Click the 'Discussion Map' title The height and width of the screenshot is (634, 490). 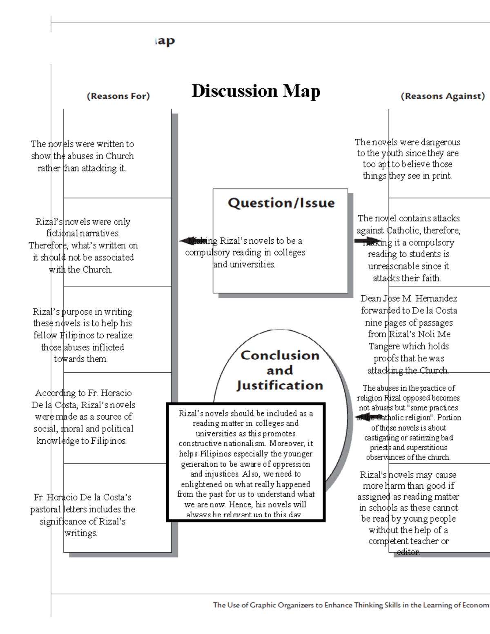click(x=256, y=91)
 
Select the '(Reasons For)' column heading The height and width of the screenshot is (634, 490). click(x=118, y=96)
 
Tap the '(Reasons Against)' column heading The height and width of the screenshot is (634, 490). click(x=443, y=96)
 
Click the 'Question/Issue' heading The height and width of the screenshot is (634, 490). click(x=281, y=203)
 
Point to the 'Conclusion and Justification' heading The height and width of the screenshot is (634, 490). click(x=280, y=370)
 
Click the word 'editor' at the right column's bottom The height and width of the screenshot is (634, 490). click(x=408, y=552)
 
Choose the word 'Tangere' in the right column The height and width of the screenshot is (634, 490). click(x=385, y=346)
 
